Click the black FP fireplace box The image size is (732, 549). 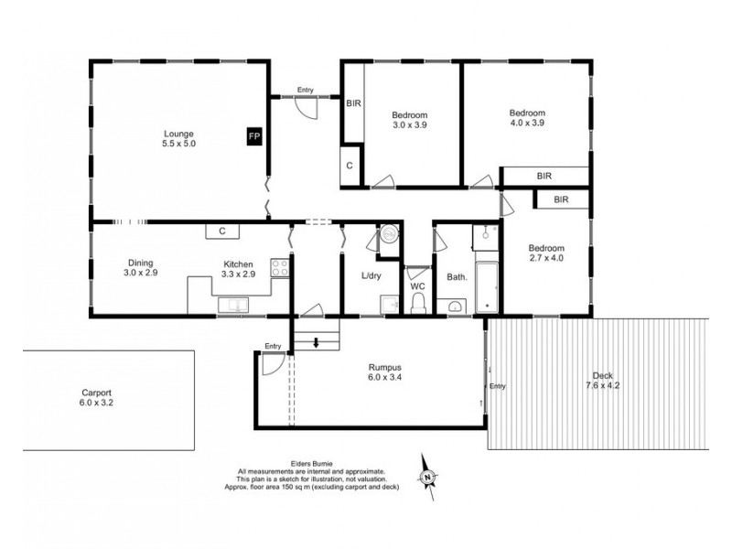(253, 136)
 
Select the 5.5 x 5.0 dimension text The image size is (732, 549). (179, 144)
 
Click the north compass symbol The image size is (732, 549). (427, 476)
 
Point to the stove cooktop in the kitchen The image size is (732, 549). (281, 269)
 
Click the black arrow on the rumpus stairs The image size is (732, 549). (316, 344)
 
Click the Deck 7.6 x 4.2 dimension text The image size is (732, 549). (602, 386)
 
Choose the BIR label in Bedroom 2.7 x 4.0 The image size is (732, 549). (561, 199)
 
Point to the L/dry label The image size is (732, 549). (372, 275)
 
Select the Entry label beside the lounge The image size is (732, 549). (305, 90)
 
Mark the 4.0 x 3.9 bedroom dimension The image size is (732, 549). (527, 124)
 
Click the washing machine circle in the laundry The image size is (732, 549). (389, 235)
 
